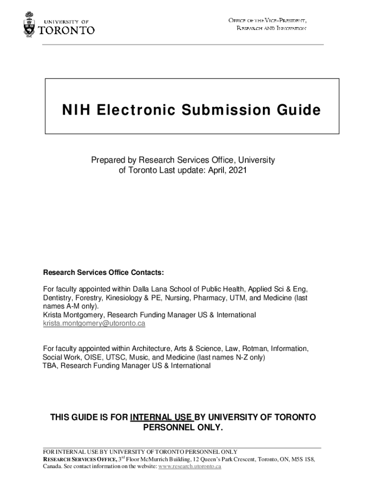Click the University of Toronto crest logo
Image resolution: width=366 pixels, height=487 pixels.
(29, 26)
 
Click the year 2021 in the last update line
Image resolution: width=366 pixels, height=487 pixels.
(238, 170)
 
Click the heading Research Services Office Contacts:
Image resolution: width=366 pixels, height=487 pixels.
(104, 273)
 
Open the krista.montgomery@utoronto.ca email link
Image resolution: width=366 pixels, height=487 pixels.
(94, 323)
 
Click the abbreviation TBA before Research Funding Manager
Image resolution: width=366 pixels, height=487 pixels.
(49, 366)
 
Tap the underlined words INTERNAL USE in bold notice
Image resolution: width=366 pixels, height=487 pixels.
(162, 418)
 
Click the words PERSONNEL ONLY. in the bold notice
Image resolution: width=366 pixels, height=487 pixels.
(183, 428)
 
